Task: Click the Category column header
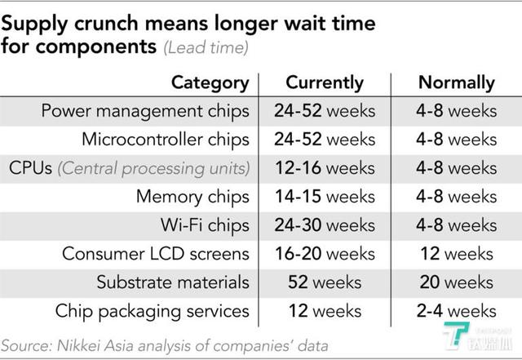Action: (210, 83)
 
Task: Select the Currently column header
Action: (325, 83)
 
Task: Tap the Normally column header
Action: (457, 83)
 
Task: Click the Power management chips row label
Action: (145, 111)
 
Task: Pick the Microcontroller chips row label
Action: (166, 140)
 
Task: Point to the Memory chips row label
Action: (192, 197)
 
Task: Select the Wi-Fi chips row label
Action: (205, 225)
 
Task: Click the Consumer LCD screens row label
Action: (156, 254)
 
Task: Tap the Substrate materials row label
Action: (173, 282)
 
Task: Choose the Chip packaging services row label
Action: (153, 312)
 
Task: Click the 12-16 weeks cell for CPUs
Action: (325, 168)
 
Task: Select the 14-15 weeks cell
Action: (325, 197)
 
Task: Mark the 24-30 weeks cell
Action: (325, 225)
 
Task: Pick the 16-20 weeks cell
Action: (325, 254)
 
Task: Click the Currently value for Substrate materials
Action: (325, 282)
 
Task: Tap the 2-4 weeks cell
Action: (457, 311)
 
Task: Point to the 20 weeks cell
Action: (457, 282)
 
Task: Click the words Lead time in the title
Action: (206, 48)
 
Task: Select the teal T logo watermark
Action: (456, 335)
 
